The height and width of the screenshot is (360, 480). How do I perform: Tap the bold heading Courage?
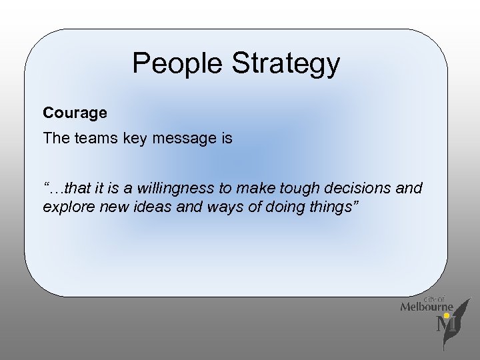[x=75, y=113]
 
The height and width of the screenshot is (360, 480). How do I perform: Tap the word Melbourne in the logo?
[x=426, y=307]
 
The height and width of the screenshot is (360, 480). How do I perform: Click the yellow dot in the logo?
[x=447, y=316]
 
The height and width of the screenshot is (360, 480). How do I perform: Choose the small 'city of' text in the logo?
[x=435, y=299]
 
